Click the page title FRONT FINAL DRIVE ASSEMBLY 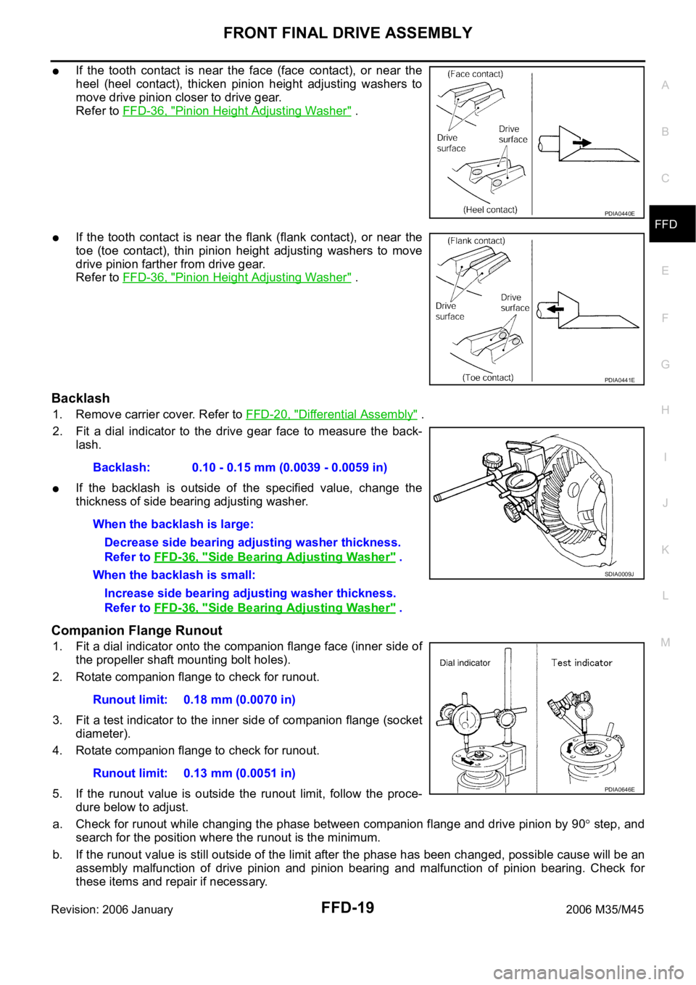347,33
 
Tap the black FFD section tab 672,224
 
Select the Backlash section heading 80,398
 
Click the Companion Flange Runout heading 136,630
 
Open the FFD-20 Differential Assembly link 331,415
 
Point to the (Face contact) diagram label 475,74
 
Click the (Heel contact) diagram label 490,210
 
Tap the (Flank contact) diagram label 476,241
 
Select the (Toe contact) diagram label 488,378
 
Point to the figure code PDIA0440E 620,214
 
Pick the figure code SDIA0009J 619,574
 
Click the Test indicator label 581,663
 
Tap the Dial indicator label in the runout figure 465,663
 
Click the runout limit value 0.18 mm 239,700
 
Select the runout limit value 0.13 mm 239,773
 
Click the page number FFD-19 347,907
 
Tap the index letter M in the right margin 666,643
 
